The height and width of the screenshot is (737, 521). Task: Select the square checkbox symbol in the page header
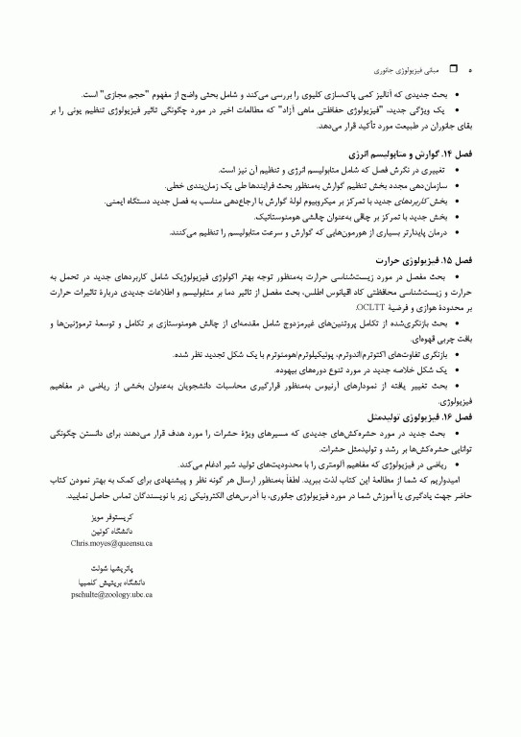[x=456, y=71]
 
